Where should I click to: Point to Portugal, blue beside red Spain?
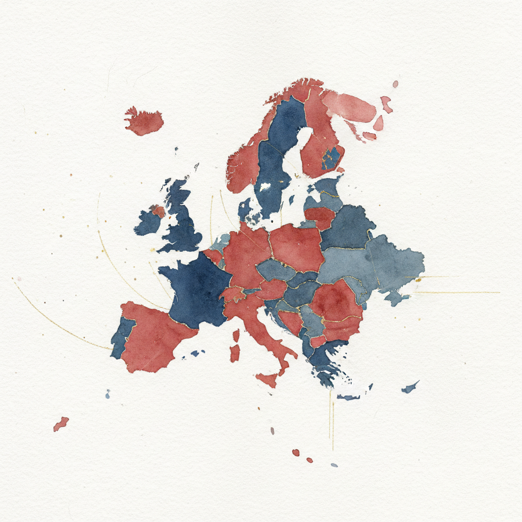click(x=121, y=338)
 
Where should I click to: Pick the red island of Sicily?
click(x=267, y=379)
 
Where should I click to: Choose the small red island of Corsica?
click(x=236, y=335)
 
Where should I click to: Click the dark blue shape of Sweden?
click(x=278, y=148)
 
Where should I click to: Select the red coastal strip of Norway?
click(x=245, y=158)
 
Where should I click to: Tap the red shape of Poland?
click(x=297, y=247)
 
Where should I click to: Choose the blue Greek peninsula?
click(x=326, y=362)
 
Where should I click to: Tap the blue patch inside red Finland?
click(x=332, y=158)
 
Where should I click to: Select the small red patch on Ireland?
click(x=159, y=211)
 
